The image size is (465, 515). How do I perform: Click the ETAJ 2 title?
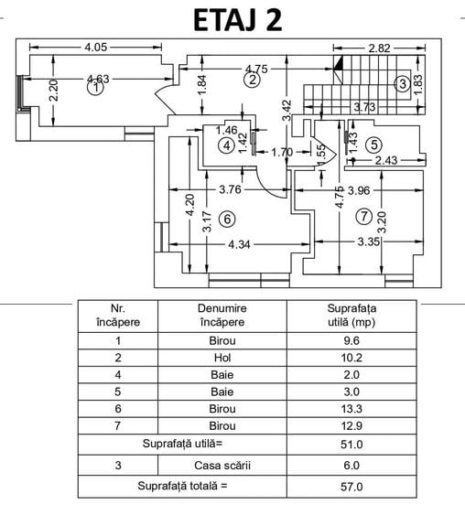[x=238, y=20]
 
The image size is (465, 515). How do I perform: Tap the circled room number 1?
[x=95, y=88]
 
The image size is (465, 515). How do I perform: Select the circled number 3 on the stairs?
[x=403, y=84]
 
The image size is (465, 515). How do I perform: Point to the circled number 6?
[x=227, y=219]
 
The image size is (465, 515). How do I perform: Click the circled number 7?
[x=364, y=217]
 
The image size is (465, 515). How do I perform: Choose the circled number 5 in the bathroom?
[x=374, y=145]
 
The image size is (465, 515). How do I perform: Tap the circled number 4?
[x=227, y=145]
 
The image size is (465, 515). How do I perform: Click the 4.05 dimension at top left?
[x=95, y=47]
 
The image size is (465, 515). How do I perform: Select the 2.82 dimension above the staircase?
[x=379, y=48]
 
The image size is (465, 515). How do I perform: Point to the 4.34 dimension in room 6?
[x=239, y=244]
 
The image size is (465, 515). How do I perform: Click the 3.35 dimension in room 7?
[x=369, y=242]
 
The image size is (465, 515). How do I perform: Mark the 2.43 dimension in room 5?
[x=386, y=161]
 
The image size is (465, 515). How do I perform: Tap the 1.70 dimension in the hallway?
[x=282, y=152]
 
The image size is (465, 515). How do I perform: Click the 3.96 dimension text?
[x=359, y=190]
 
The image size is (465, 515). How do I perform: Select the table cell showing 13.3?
[x=351, y=409]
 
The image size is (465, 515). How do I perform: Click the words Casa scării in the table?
[x=222, y=466]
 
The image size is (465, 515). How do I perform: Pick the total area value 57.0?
[x=351, y=486]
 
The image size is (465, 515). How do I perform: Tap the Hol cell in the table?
[x=222, y=358]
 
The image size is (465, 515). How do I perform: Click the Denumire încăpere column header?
[x=222, y=316]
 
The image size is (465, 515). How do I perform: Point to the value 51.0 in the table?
[x=351, y=445]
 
